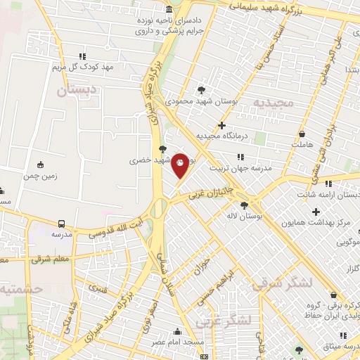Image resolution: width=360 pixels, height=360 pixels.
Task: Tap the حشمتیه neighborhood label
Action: click(21, 289)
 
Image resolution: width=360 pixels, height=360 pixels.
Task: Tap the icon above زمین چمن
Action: click(40, 166)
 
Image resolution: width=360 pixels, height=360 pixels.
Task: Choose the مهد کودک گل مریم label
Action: click(83, 67)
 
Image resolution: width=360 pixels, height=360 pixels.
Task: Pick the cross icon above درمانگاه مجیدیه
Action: click(221, 125)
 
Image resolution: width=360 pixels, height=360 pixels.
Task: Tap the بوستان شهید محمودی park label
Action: click(202, 103)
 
